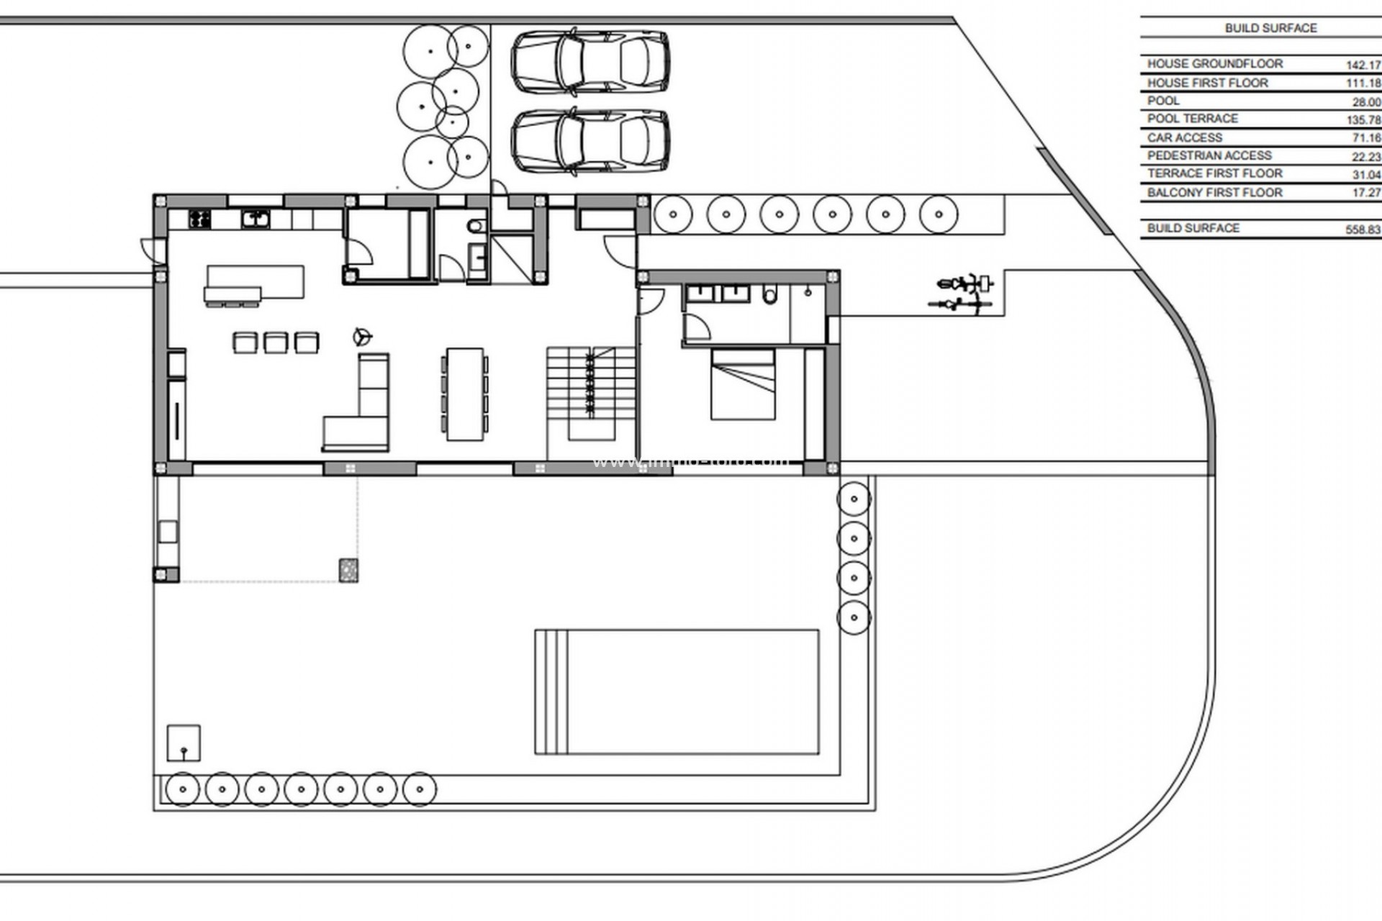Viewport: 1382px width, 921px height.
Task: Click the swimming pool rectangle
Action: pos(677,692)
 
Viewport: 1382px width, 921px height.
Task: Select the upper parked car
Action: pos(590,62)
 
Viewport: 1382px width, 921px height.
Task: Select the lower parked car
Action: pos(590,141)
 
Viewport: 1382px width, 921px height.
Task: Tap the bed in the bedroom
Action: pos(743,384)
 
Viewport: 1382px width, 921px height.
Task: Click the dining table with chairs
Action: pos(465,394)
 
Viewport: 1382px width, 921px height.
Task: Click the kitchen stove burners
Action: pos(199,219)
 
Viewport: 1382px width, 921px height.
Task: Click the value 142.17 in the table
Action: pos(1363,65)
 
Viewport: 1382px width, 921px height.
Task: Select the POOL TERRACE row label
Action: pos(1192,119)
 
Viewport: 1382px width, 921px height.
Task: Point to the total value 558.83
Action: pos(1363,230)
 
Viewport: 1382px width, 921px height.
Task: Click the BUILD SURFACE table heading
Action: pos(1270,28)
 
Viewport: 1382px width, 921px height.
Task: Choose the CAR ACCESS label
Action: pos(1184,137)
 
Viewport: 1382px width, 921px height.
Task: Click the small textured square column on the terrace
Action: pos(348,570)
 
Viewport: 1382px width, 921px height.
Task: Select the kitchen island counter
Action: pos(256,281)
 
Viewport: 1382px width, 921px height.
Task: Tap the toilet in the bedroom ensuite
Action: pos(769,295)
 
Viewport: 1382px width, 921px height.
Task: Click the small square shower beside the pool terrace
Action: pos(184,743)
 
